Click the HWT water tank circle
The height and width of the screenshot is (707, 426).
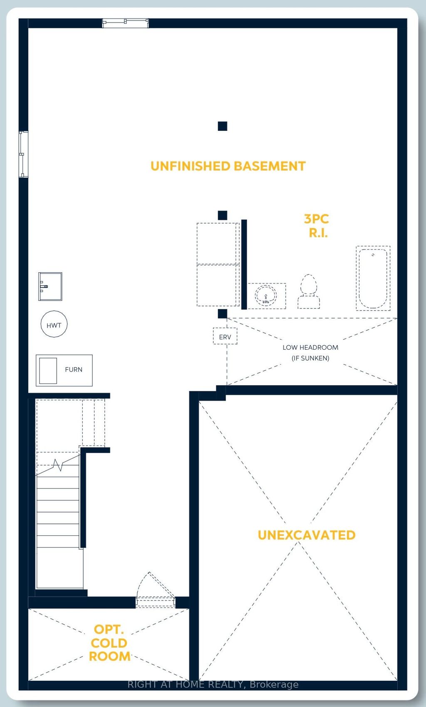pos(54,324)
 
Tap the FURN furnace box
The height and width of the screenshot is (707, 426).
pos(64,370)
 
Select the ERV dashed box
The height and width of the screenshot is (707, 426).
pos(225,336)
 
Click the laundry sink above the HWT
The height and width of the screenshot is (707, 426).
pos(50,286)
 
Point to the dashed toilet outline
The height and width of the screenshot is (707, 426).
pos(309,292)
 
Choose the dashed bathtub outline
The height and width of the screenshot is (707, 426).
pos(373,278)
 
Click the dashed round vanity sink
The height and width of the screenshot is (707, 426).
pos(265,296)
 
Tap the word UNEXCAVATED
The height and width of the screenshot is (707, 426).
pos(307,535)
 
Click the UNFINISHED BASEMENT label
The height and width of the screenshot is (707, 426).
pos(228,166)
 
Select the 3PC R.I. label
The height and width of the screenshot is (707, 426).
pos(317,226)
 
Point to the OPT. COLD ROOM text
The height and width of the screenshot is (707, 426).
pos(109,642)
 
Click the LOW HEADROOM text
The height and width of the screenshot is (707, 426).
pos(310,347)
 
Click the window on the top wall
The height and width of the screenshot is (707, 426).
pos(125,23)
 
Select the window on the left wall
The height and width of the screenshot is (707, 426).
pos(23,154)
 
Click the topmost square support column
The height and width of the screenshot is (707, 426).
pos(223,126)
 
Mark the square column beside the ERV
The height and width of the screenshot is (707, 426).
pos(223,314)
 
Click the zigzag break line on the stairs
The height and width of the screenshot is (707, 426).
pos(58,465)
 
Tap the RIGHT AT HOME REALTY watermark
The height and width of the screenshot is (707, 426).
pos(213,685)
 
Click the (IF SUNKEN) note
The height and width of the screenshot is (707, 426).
pos(310,358)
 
